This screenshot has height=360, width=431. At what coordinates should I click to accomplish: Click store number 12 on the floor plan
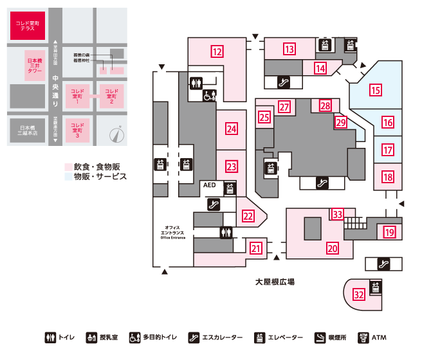pos(218,51)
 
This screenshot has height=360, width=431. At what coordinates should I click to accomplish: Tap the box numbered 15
pos(376,90)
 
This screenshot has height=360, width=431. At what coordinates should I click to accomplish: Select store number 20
pos(333,247)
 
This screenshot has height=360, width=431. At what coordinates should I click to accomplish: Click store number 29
pos(341,121)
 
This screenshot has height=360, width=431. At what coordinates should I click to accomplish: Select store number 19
pos(389,232)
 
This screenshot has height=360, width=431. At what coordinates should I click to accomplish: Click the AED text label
pos(210,185)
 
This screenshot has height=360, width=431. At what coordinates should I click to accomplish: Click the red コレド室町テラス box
pos(27,25)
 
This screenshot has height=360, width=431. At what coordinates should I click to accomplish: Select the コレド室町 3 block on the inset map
pos(77,130)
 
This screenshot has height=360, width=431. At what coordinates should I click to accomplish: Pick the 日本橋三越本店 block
pos(28,130)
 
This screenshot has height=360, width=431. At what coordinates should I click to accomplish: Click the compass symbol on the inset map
pos(116,134)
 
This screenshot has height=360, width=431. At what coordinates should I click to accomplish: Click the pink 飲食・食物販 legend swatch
pos(68,167)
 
